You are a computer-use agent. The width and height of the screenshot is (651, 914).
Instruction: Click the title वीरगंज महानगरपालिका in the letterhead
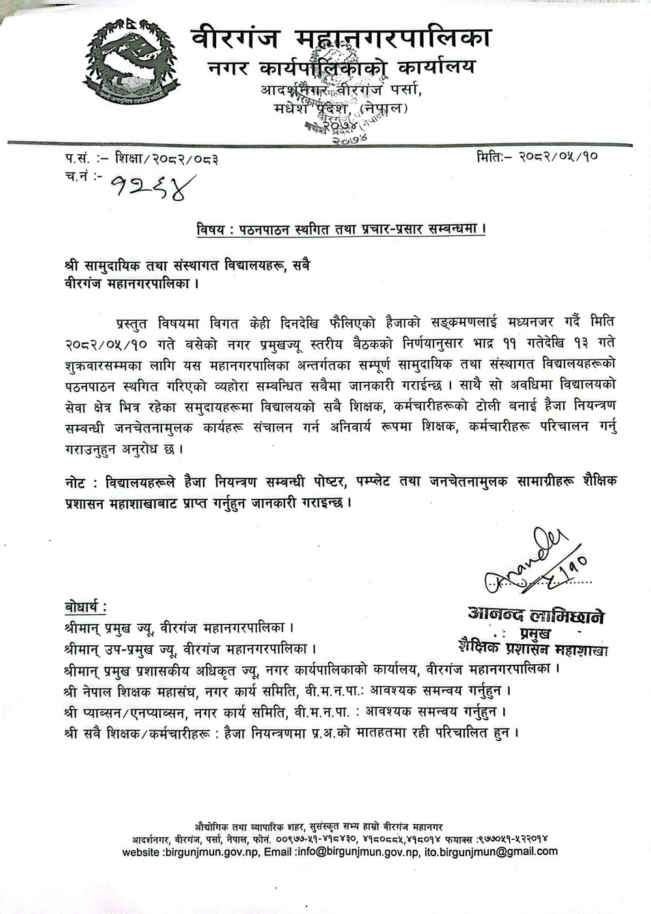(x=340, y=38)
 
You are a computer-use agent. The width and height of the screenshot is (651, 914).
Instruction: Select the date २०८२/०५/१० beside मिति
(x=558, y=157)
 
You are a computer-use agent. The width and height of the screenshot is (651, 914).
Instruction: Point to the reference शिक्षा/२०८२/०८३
(x=166, y=158)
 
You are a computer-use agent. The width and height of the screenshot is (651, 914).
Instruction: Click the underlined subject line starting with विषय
(x=341, y=230)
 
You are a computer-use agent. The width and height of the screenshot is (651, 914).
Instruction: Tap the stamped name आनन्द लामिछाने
(x=535, y=615)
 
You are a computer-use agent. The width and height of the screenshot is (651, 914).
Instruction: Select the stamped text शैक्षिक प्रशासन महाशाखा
(x=533, y=648)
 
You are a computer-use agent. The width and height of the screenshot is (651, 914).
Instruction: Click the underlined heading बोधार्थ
(x=85, y=607)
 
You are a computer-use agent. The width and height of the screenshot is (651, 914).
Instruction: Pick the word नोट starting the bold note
(x=77, y=482)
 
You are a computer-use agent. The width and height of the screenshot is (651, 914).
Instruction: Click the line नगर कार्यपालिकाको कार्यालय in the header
(x=341, y=67)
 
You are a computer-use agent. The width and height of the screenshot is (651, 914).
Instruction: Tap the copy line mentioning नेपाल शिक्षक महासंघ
(x=287, y=690)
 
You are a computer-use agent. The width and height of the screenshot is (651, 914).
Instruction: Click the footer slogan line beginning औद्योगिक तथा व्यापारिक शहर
(x=319, y=827)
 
